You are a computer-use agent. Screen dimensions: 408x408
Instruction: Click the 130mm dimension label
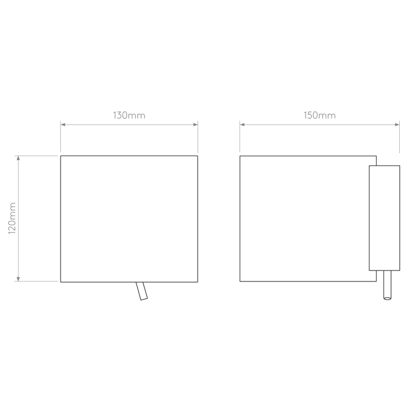click(x=129, y=115)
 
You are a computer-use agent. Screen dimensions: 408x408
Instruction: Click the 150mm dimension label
click(x=319, y=115)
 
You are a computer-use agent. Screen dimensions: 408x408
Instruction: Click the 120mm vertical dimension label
click(x=12, y=218)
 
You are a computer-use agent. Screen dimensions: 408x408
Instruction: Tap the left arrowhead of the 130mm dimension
click(x=63, y=125)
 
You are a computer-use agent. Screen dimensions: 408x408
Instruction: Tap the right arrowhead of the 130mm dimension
click(x=195, y=125)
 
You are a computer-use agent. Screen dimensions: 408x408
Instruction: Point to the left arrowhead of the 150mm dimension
click(x=242, y=125)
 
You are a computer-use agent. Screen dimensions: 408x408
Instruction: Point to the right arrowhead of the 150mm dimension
click(x=397, y=125)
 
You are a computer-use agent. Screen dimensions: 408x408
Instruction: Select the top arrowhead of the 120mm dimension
click(x=18, y=158)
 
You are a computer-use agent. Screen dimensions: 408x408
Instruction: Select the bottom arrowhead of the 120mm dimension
click(x=18, y=279)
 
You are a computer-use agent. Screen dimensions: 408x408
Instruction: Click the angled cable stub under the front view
click(x=142, y=291)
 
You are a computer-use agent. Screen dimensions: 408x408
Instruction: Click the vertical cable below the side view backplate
click(x=388, y=285)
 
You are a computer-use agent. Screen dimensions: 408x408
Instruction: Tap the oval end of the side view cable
click(x=388, y=298)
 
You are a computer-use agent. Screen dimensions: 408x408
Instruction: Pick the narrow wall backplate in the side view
click(x=384, y=218)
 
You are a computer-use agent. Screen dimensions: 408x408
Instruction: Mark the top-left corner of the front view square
click(x=61, y=156)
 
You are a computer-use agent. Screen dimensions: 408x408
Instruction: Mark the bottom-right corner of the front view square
click(x=198, y=282)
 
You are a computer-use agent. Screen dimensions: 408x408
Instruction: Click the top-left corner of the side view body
click(x=240, y=156)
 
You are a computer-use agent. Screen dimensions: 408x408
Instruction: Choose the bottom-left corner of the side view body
click(x=240, y=282)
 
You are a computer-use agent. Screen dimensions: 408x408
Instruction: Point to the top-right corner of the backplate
click(x=400, y=166)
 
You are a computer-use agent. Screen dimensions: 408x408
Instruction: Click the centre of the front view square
click(x=129, y=219)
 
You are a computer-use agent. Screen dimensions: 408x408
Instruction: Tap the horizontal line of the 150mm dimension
click(x=319, y=125)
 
